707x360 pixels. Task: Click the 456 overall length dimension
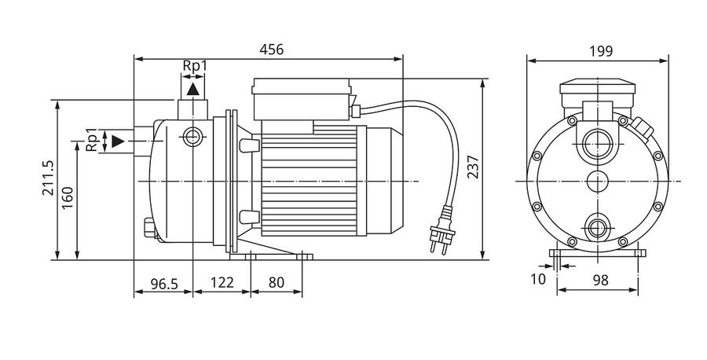(272, 50)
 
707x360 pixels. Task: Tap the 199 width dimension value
(601, 51)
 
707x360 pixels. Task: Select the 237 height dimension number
(473, 167)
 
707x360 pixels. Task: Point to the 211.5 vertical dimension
(48, 178)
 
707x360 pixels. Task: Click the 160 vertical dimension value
(68, 197)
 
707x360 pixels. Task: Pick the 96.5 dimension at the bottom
(164, 283)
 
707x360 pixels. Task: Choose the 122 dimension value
(222, 282)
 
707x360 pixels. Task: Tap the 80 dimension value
(277, 282)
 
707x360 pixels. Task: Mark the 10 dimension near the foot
(538, 279)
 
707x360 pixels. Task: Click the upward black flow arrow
(193, 89)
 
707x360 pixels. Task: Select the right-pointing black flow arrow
(118, 141)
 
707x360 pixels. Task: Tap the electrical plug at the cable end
(442, 230)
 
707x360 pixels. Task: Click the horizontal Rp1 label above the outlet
(195, 66)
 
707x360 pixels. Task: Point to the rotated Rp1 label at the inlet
(92, 140)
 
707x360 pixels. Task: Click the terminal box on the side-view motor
(302, 99)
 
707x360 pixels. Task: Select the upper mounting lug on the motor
(249, 145)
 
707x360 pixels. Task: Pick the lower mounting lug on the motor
(249, 217)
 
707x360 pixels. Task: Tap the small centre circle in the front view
(598, 182)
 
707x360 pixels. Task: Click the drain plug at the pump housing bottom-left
(148, 228)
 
